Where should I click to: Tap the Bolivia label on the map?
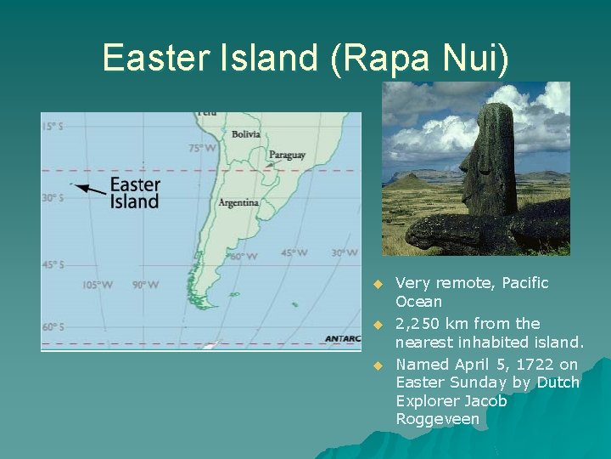[245, 133]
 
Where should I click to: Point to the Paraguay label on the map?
[287, 156]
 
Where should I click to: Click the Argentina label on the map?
[238, 202]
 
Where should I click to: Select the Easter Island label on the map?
[134, 193]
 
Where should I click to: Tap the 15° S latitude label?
[52, 127]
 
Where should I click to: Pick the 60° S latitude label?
[52, 326]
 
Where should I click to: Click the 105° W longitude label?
[97, 285]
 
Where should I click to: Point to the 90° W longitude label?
[146, 285]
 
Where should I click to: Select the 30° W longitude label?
[344, 252]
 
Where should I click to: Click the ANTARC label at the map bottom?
[343, 338]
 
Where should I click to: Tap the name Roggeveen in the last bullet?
[437, 419]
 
